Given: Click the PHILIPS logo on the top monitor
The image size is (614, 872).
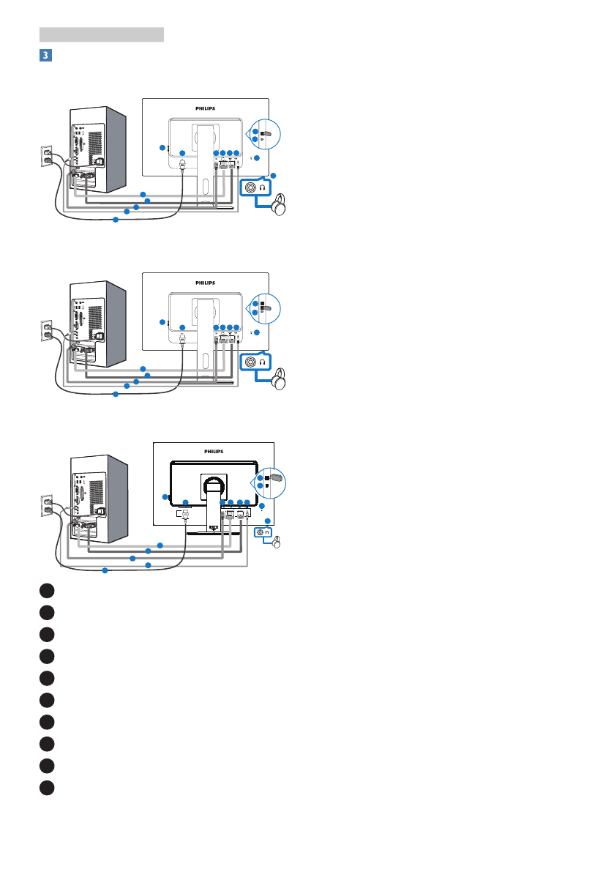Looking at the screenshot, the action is point(205,108).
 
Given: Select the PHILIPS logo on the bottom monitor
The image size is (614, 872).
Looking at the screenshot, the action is point(214,451).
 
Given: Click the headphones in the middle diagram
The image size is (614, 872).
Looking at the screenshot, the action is point(278,381).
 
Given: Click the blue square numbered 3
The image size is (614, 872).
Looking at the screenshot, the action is point(45,55).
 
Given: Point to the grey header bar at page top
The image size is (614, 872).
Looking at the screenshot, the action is point(101,34).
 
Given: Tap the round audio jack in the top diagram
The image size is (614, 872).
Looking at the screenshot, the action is point(252,187).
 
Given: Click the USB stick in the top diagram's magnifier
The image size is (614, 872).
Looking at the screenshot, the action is point(266,134).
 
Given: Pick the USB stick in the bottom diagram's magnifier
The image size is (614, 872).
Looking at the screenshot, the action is point(273,477).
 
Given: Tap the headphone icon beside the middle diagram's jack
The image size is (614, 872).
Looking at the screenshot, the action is point(262,362).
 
